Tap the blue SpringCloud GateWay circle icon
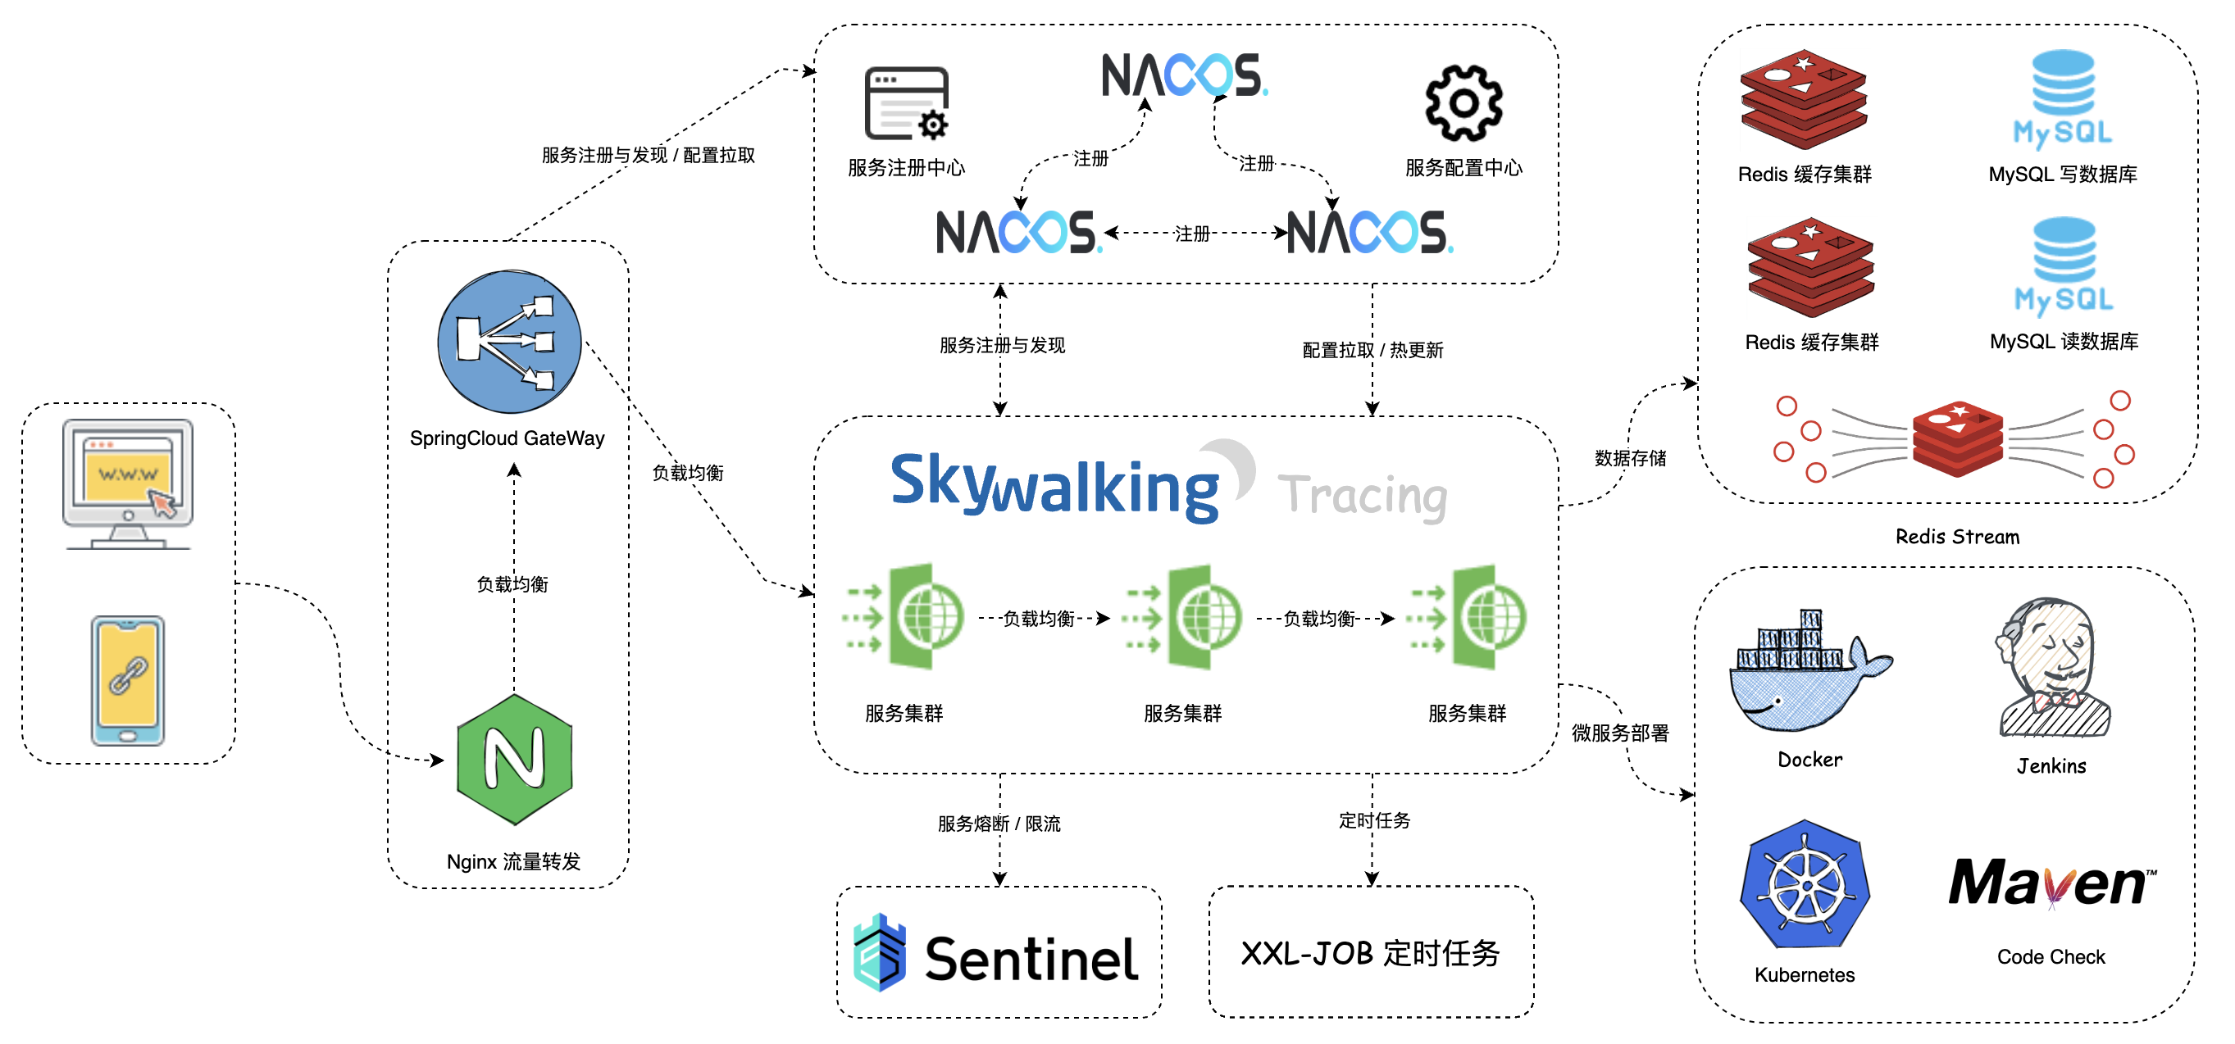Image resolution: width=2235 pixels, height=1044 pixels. click(509, 342)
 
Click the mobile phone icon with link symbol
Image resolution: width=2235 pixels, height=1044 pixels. click(128, 680)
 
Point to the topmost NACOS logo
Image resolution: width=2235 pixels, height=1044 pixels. click(1183, 75)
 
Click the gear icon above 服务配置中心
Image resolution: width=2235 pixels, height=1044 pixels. click(1463, 103)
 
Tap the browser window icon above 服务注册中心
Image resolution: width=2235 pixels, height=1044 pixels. click(907, 103)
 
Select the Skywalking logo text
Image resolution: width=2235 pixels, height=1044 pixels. click(1054, 486)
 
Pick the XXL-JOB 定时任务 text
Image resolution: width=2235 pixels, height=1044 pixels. click(1370, 953)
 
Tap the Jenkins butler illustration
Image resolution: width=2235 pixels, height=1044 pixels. click(2052, 668)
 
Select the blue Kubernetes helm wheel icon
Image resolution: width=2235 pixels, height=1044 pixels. click(1805, 884)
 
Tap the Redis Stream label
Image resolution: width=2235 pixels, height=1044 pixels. click(1956, 537)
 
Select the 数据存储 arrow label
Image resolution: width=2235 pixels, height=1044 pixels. click(1629, 458)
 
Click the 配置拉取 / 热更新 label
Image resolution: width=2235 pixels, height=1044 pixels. click(1372, 350)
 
